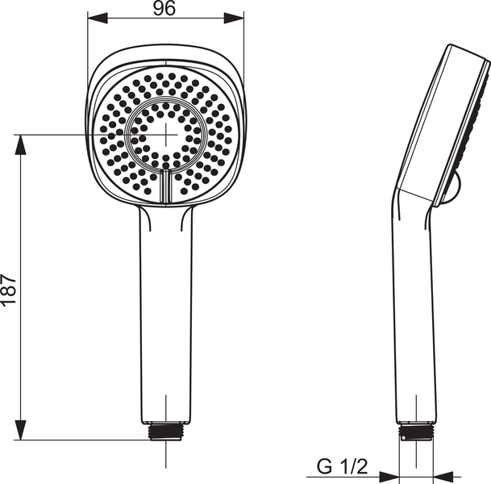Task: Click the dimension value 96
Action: coord(164,9)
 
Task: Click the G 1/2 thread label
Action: coord(342,466)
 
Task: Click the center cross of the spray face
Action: coord(165,134)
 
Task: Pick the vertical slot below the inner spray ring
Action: coord(165,186)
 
